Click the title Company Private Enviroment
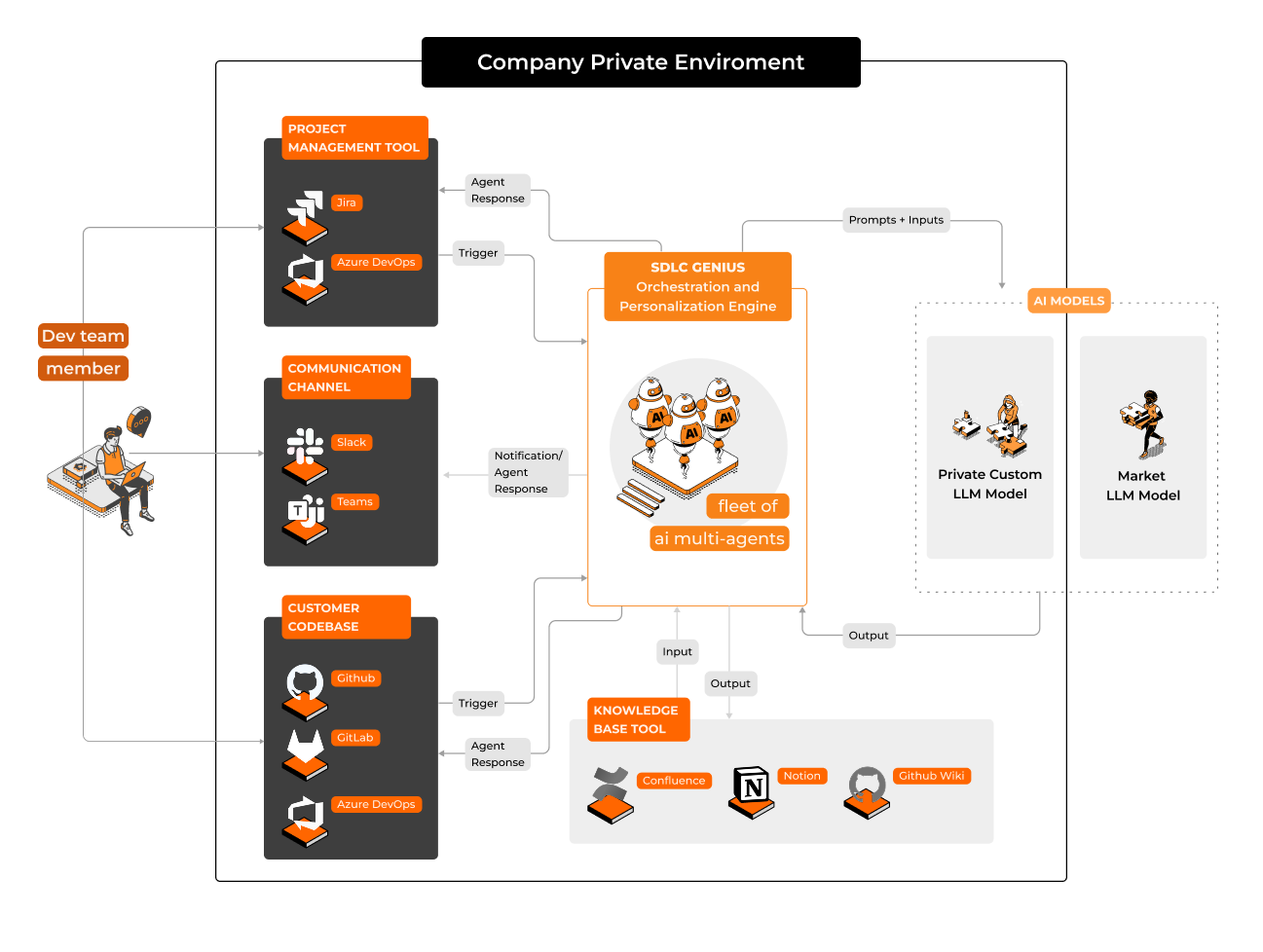click(640, 62)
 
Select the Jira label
click(346, 202)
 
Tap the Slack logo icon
click(305, 446)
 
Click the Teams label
click(354, 502)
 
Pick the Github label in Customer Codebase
click(355, 678)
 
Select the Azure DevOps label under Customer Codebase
click(376, 804)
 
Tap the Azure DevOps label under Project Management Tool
click(376, 262)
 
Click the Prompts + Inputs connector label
click(895, 220)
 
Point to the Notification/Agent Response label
click(527, 472)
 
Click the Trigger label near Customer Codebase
click(478, 703)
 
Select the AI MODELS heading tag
click(1068, 301)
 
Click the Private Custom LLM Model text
click(989, 484)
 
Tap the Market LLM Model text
click(1142, 486)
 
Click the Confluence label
click(674, 781)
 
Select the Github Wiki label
click(931, 776)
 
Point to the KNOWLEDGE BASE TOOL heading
click(637, 719)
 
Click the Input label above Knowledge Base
click(677, 651)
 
